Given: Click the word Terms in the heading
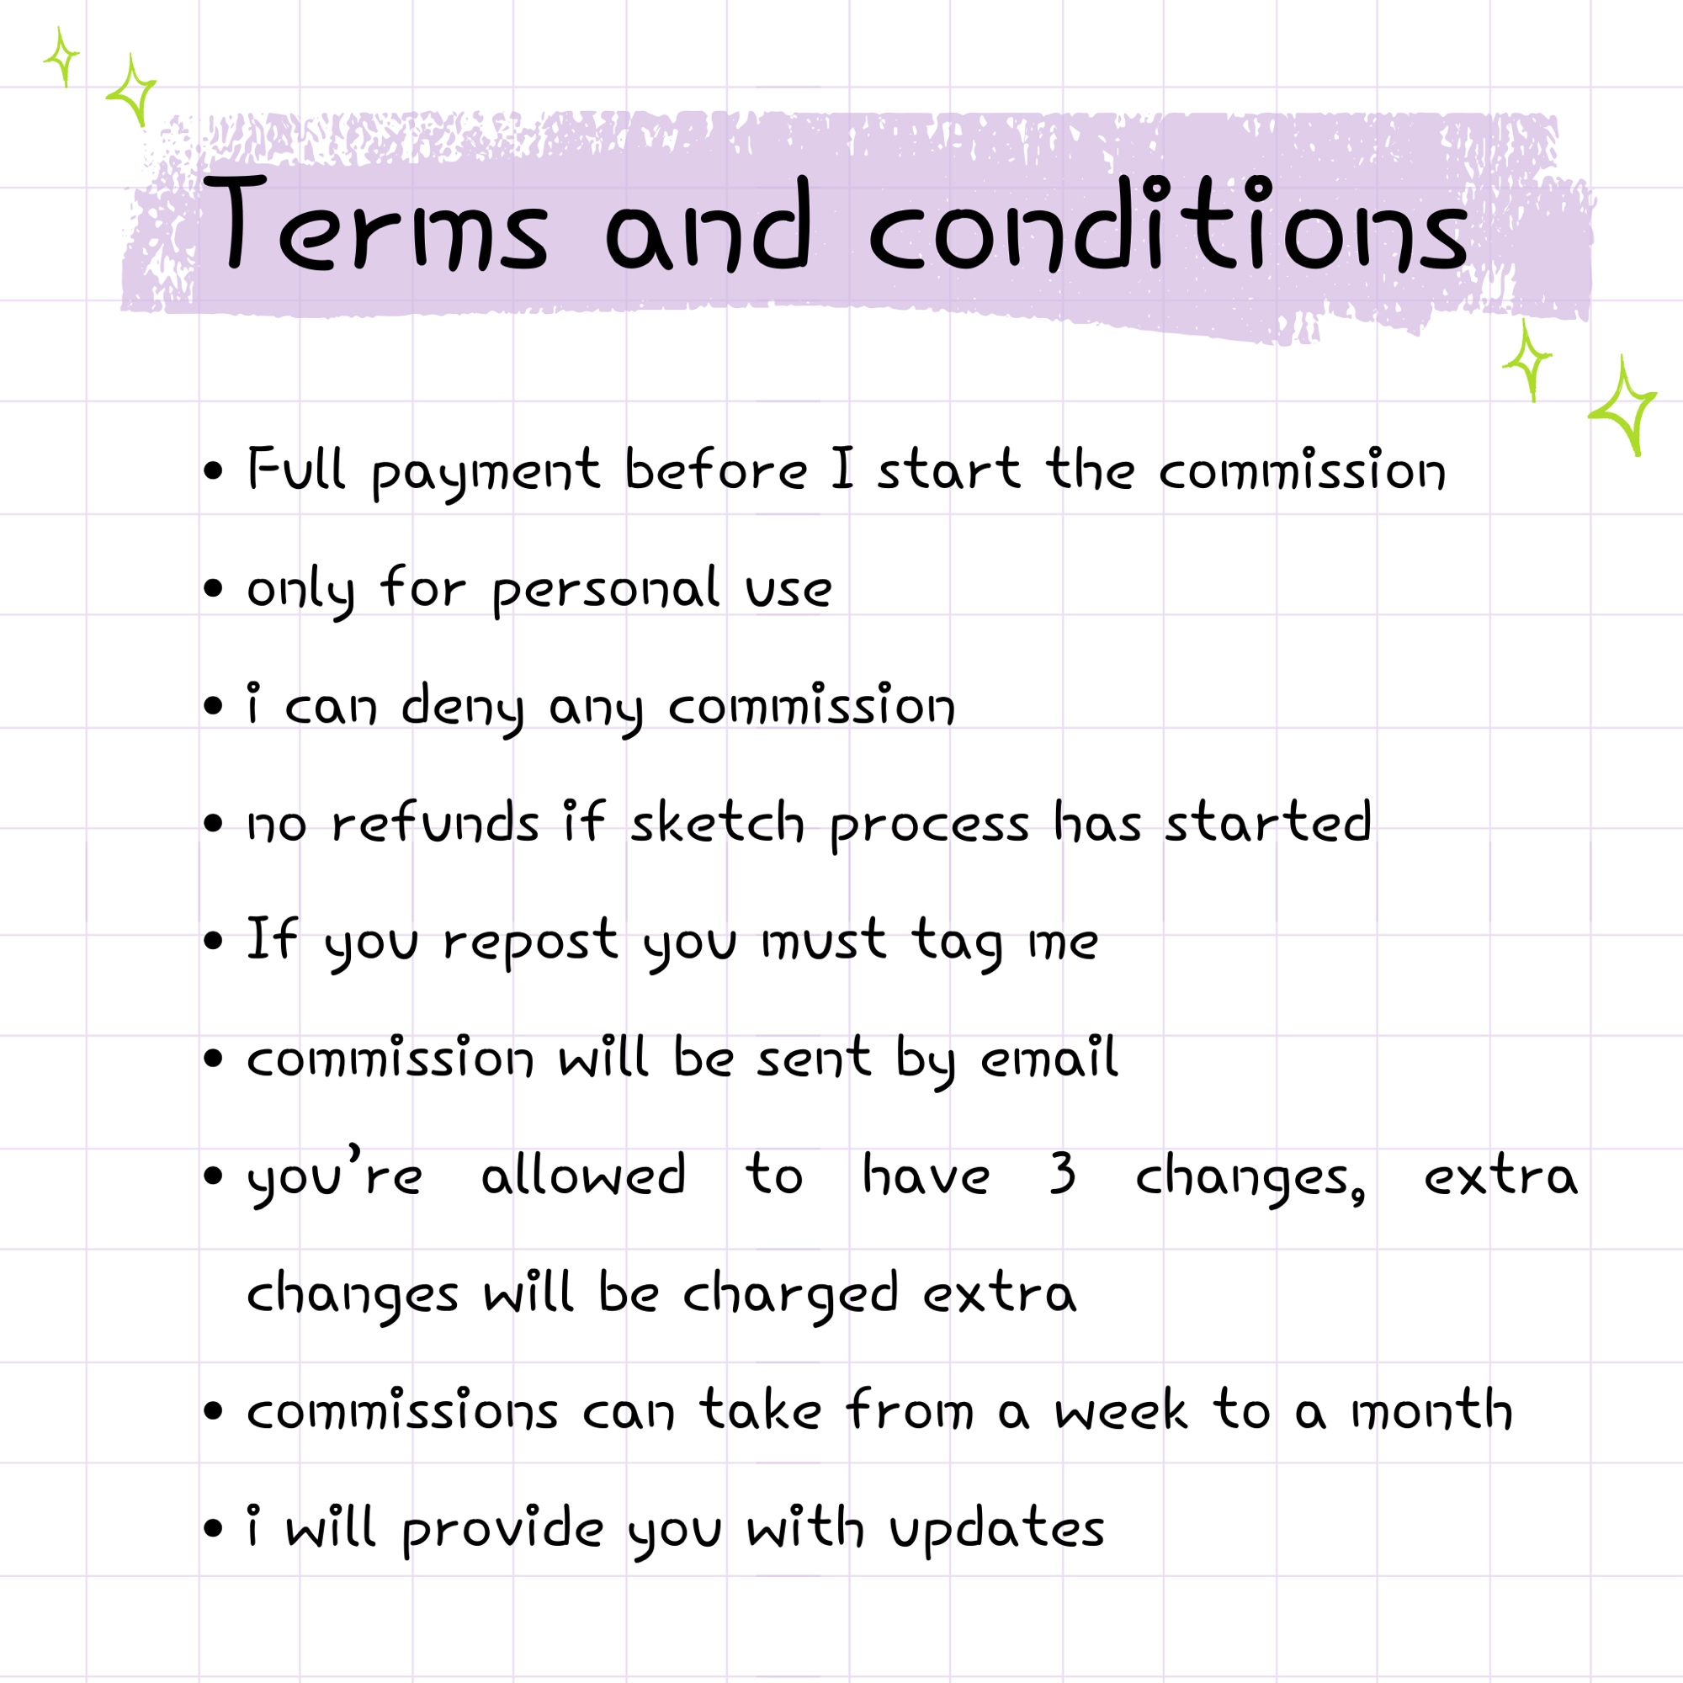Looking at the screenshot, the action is (375, 222).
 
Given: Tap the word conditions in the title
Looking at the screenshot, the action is (1168, 222).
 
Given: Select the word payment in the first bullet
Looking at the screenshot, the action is (486, 473).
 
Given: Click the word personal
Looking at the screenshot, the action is (606, 591).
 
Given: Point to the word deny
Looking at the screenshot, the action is (463, 709).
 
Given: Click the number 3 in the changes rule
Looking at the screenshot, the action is (1062, 1173).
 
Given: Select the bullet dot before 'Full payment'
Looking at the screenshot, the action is (214, 470).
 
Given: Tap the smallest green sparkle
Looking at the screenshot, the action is (61, 56).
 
